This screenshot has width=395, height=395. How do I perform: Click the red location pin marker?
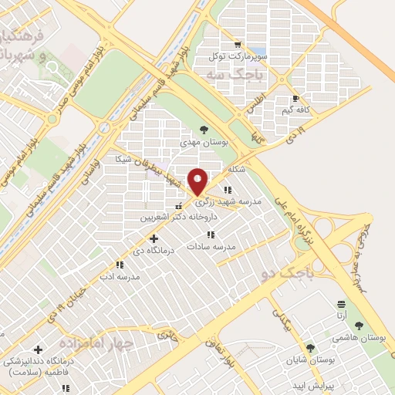pyautogui.click(x=197, y=181)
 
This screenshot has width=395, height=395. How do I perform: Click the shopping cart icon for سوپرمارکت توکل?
pyautogui.click(x=238, y=45)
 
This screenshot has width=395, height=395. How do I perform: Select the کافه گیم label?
pyautogui.click(x=296, y=110)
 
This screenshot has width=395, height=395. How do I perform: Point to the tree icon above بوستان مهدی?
pyautogui.click(x=203, y=130)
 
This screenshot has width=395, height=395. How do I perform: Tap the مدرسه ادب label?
pyautogui.click(x=119, y=275)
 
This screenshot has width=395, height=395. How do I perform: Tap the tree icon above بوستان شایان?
pyautogui.click(x=311, y=348)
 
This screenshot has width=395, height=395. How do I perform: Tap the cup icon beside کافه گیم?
pyautogui.click(x=296, y=99)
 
